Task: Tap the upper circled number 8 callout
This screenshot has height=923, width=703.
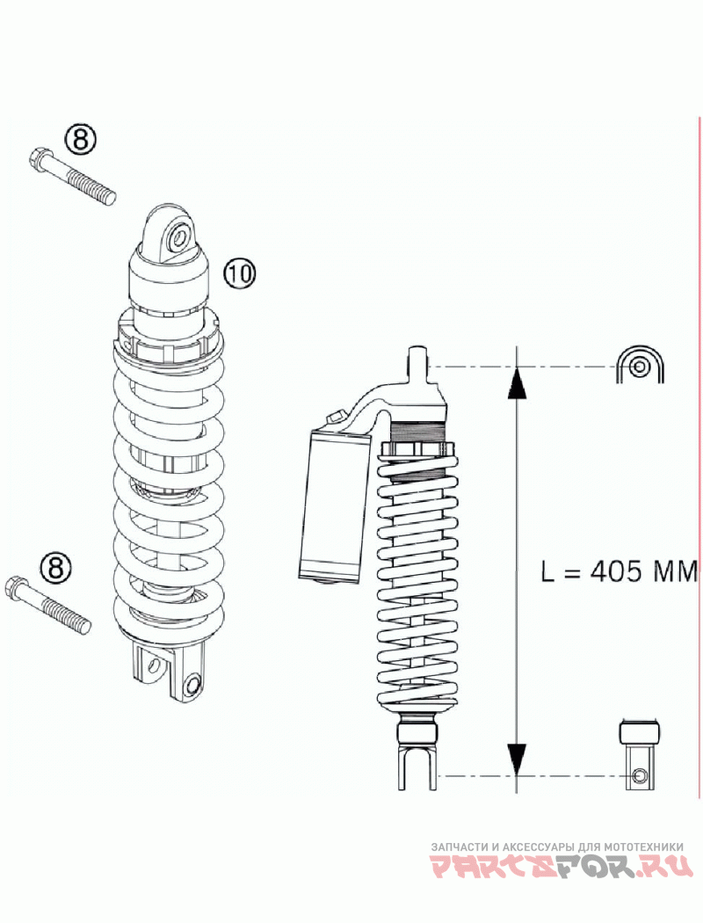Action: (80, 139)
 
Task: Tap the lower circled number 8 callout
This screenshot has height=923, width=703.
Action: (55, 566)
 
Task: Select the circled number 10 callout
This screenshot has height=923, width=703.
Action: (238, 273)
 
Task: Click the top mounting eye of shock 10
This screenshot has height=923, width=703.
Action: (178, 236)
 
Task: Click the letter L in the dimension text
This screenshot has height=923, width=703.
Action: (547, 572)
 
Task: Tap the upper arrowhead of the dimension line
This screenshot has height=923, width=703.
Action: (518, 384)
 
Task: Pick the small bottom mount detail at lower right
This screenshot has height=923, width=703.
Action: (640, 754)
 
